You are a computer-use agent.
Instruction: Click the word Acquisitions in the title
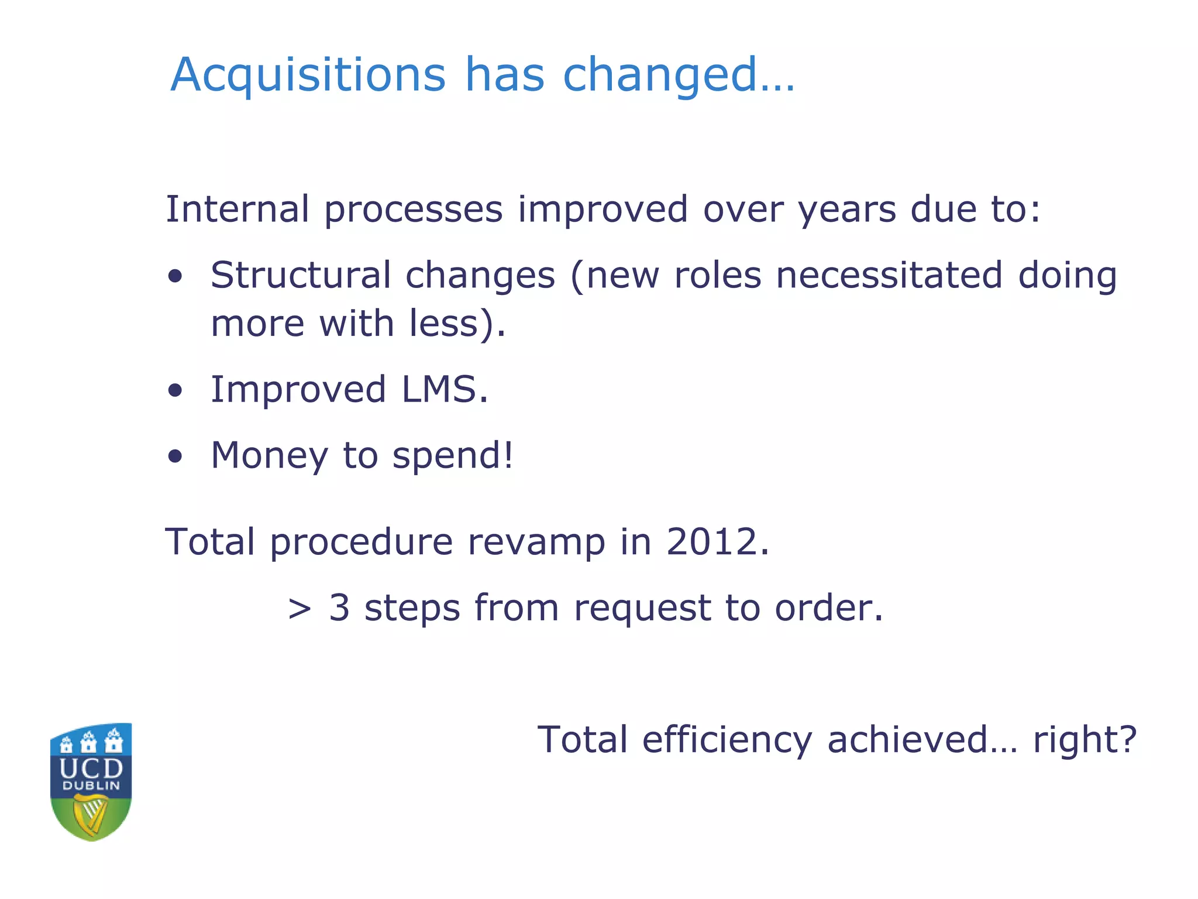[x=308, y=75]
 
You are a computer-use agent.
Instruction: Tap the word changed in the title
[x=660, y=75]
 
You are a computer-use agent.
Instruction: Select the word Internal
[x=237, y=209]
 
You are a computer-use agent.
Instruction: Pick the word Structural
[x=301, y=275]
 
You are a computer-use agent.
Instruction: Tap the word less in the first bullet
[x=444, y=324]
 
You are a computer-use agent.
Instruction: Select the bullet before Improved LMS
[x=175, y=390]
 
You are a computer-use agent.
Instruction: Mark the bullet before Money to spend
[x=175, y=457]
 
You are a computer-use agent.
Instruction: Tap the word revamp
[x=536, y=543]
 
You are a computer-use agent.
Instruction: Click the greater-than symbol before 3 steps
[x=299, y=609]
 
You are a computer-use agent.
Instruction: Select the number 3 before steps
[x=339, y=608]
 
